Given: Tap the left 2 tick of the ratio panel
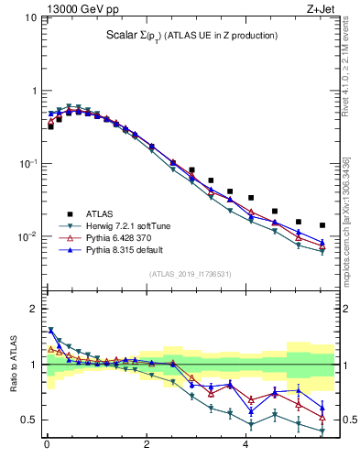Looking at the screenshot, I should [x=37, y=309].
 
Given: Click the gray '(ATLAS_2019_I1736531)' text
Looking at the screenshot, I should [x=191, y=273].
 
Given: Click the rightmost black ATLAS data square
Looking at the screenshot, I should [x=322, y=225].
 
